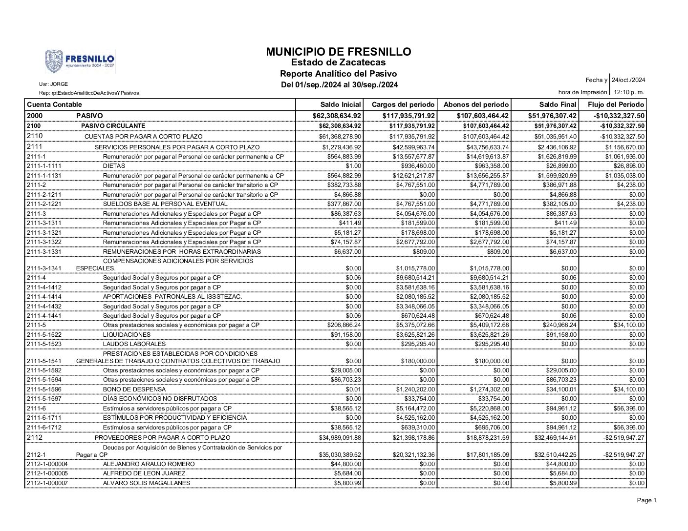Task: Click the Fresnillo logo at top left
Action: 80,61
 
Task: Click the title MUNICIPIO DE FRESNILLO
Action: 339,52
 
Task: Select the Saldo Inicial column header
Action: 341,104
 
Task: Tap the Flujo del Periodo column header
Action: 616,104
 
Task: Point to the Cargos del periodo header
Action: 403,104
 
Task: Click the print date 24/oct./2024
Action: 628,80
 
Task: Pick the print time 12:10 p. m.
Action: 628,92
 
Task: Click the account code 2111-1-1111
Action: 44,166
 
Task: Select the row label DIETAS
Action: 114,166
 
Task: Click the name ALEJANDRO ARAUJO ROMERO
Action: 149,464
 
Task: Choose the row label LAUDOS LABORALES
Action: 134,344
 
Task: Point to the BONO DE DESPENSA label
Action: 134,389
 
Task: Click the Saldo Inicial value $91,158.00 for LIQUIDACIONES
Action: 346,335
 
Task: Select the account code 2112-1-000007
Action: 47,483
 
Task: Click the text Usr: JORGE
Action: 53,84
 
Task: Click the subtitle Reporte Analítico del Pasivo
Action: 338,74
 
